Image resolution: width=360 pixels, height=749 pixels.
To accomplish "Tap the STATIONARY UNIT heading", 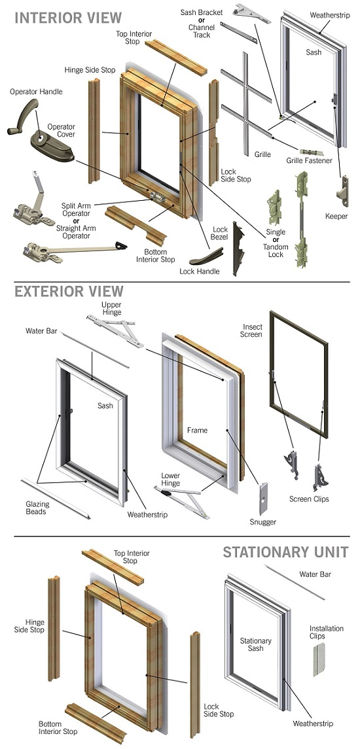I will [x=285, y=552].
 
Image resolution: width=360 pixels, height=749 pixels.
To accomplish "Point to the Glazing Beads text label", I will [x=37, y=508].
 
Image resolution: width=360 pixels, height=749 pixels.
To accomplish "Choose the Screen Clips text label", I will [x=309, y=499].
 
